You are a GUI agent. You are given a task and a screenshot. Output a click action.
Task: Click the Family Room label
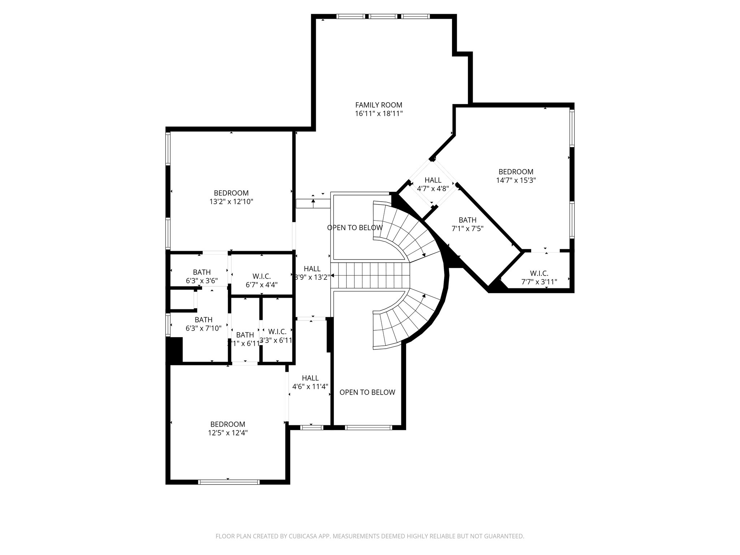coord(378,105)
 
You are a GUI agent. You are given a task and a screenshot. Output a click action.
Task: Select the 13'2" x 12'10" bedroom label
coord(231,197)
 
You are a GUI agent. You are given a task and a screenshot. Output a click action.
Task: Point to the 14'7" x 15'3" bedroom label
coord(516,176)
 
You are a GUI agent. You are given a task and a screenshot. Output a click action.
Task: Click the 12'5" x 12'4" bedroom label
coord(228,429)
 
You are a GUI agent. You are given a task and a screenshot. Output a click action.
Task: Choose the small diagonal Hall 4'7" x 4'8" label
coord(433,184)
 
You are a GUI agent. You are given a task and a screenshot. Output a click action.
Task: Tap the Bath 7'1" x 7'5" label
coord(467,224)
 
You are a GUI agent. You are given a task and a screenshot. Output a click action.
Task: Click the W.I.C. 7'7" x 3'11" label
coord(539,277)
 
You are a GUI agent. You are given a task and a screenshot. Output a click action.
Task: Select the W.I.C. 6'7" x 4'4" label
coord(261,280)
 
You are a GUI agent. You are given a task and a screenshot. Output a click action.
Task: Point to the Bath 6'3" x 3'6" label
coord(202,276)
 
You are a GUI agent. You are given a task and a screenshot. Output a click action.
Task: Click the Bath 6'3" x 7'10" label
coord(203,324)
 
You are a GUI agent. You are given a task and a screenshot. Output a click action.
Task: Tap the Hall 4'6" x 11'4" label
coord(310,382)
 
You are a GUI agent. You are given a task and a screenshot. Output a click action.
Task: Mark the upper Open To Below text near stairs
coord(354,228)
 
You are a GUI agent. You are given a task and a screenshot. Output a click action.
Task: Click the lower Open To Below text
coord(367,392)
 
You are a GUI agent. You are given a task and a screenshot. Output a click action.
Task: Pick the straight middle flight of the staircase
coord(370,275)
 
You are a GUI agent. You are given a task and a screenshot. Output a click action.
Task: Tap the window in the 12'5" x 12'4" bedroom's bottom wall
coord(229,482)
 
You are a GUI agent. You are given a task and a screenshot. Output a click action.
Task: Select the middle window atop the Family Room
coord(383,16)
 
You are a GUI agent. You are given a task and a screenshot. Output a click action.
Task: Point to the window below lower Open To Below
coord(368,427)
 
